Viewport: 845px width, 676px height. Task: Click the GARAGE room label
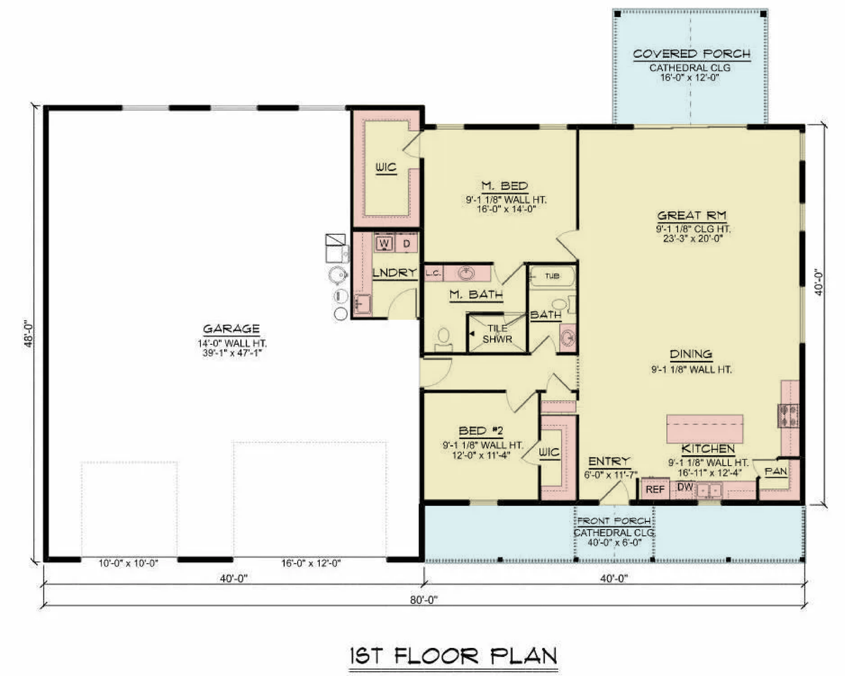pos(231,329)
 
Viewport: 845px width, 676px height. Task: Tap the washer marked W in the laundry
pos(384,243)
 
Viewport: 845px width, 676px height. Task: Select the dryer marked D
pos(406,243)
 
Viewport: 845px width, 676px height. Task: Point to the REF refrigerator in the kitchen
pos(655,489)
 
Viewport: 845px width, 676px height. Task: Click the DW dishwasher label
pos(685,487)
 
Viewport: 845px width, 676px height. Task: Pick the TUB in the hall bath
pos(552,276)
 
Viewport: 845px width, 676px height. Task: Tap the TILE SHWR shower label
pos(497,334)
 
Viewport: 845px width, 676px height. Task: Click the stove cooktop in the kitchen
pos(788,416)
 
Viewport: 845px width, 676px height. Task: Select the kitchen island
pos(705,429)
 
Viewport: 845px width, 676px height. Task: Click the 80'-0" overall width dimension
pos(424,600)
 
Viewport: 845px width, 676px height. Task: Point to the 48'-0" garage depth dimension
pos(29,334)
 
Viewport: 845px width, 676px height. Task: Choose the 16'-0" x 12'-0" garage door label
pos(311,563)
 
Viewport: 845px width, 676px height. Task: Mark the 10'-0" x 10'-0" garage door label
pos(128,563)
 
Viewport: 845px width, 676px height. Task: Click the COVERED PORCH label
pos(691,53)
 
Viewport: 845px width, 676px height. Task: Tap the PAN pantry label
pos(776,471)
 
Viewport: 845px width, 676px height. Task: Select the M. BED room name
pos(505,186)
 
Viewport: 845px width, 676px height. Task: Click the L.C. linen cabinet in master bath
pos(434,273)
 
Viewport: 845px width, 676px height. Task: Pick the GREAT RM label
pos(692,215)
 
